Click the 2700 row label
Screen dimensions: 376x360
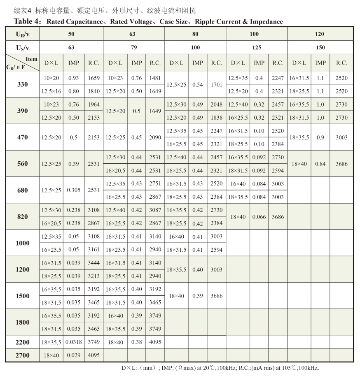click(22, 355)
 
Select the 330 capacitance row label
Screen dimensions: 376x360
click(22, 84)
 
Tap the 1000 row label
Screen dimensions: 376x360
click(22, 243)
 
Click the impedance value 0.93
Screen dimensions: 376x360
click(74, 78)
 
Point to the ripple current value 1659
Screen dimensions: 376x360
click(94, 78)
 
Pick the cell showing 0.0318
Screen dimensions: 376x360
click(74, 342)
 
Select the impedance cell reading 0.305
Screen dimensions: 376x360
click(74, 190)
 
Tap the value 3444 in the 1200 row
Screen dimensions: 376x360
click(94, 263)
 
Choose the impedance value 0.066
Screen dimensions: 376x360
click(259, 216)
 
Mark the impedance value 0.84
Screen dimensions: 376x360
click(320, 164)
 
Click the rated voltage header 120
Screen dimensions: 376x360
click(320, 34)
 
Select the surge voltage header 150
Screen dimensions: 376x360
click(320, 47)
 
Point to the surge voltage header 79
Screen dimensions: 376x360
click(134, 47)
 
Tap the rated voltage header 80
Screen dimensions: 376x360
click(195, 34)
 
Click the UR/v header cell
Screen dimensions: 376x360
click(22, 34)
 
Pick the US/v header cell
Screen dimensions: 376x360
click(22, 47)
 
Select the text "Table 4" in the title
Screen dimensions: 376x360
click(27, 21)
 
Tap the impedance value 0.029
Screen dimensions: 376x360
click(74, 355)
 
